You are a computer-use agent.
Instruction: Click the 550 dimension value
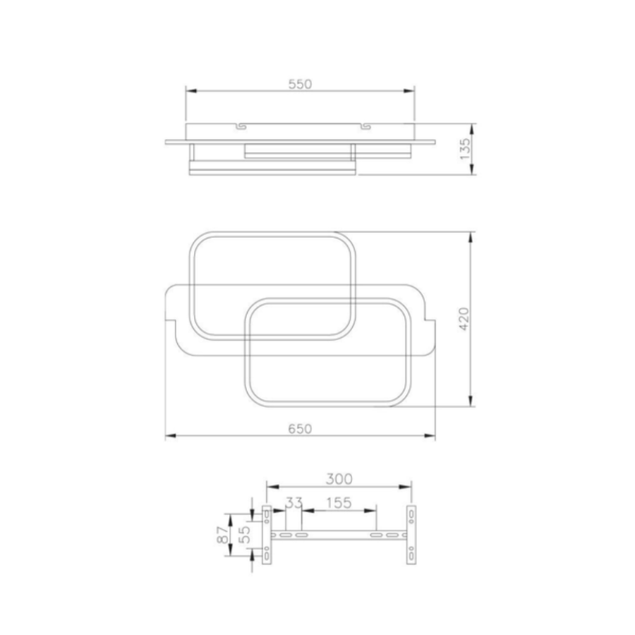coord(300,84)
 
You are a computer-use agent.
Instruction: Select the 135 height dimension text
coord(466,149)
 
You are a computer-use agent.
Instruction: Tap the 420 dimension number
coord(464,319)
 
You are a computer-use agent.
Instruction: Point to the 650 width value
coord(300,429)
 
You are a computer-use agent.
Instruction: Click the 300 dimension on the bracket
coord(339,479)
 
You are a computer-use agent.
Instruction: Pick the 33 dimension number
coord(294,503)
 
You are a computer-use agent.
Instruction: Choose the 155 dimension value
coord(339,503)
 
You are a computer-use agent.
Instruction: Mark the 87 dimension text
coord(223,535)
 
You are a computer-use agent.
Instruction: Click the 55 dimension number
coord(244,535)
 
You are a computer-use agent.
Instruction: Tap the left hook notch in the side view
coord(241,126)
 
